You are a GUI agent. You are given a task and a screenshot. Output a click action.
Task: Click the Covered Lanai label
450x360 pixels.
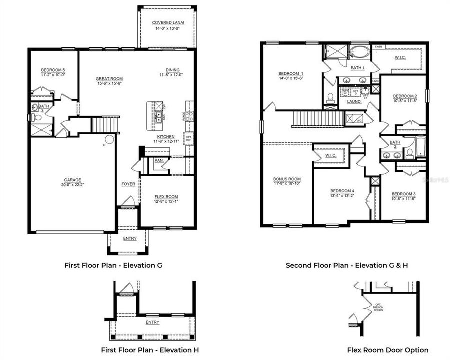tap(166, 23)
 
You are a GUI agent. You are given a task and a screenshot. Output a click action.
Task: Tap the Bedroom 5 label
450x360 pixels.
tap(53, 70)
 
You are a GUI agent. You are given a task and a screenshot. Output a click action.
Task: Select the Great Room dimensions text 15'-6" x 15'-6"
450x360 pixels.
tap(109, 84)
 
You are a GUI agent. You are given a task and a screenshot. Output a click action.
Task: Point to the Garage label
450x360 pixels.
tap(72, 180)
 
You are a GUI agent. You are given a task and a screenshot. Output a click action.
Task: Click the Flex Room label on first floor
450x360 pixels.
tap(166, 197)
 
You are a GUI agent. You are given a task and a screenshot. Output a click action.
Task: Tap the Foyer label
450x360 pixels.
tap(128, 184)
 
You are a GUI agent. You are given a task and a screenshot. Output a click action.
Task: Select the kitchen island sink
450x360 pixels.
tap(158, 118)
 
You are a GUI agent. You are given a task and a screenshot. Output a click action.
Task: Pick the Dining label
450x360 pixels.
tap(173, 70)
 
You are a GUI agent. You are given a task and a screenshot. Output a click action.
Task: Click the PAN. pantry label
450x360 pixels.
tap(159, 161)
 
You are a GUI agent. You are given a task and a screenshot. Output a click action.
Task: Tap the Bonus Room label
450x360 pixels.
tap(286, 179)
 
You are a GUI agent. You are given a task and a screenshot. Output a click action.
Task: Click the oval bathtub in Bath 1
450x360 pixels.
tap(357, 52)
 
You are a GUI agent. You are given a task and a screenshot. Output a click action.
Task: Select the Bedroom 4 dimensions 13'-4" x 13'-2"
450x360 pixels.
tap(342, 196)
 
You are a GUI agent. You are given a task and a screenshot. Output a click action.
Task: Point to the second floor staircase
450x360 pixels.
tap(318, 118)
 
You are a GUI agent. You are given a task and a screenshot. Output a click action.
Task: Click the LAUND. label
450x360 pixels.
tap(354, 101)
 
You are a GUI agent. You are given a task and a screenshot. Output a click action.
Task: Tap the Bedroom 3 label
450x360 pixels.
tap(403, 194)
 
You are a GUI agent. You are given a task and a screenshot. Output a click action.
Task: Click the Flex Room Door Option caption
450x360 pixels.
tap(388, 350)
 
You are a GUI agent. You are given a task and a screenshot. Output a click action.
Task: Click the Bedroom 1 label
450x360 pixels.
tap(291, 74)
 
